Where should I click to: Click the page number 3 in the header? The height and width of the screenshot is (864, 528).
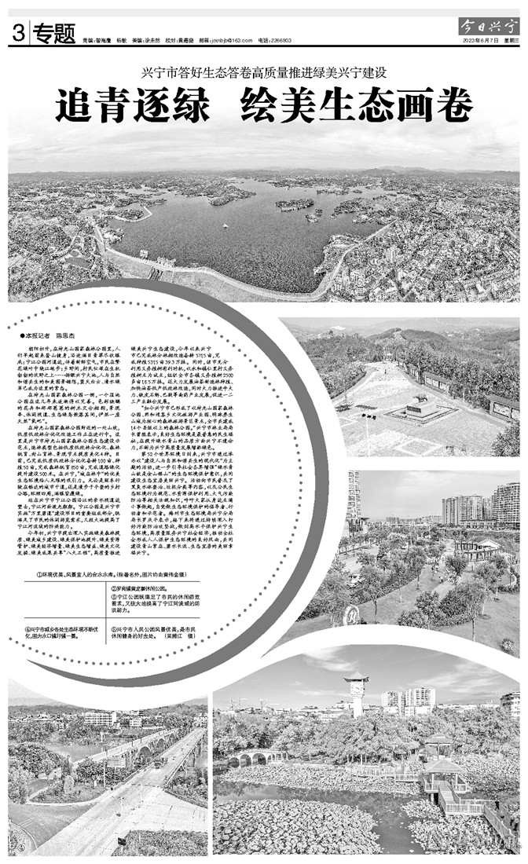coord(16,33)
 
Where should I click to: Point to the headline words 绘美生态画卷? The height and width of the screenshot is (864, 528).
coord(357,106)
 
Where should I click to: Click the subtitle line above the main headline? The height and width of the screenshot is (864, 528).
coord(264,73)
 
